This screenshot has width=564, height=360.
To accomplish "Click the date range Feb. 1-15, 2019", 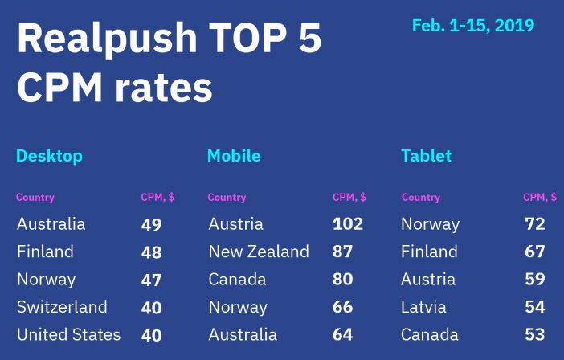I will [472, 26].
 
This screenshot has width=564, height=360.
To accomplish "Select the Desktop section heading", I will [49, 156].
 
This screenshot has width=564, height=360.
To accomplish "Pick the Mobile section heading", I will [234, 156].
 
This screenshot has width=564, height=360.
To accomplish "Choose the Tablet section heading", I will [426, 156].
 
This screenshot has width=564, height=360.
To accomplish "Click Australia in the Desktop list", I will [51, 224].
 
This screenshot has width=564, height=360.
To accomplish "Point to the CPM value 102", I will [348, 224].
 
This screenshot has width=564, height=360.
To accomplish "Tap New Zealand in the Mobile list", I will [258, 252].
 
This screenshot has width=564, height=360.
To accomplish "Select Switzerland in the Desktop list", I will [62, 307].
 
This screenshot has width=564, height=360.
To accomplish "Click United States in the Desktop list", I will [68, 334].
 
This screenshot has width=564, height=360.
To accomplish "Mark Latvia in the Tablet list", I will [423, 307].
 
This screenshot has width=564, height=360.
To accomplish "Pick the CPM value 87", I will [343, 252].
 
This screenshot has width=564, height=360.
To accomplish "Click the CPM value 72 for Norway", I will [535, 224].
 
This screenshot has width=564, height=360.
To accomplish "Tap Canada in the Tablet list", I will [429, 334].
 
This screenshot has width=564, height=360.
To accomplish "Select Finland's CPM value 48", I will [151, 252].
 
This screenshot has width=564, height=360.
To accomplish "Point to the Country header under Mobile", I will [227, 198].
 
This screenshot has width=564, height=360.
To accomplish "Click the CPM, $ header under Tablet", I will [540, 198].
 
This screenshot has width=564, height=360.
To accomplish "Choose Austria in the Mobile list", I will [235, 224].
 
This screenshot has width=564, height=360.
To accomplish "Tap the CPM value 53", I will [535, 334].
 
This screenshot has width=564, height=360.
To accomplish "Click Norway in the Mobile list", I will [238, 307].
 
